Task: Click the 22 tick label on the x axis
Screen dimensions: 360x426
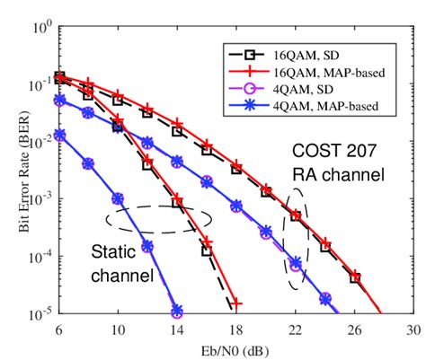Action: (296, 329)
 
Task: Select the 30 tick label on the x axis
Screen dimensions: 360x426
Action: (413, 329)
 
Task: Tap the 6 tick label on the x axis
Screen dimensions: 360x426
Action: (59, 329)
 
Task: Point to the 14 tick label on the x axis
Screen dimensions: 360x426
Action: (177, 329)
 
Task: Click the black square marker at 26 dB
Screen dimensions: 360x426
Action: (355, 278)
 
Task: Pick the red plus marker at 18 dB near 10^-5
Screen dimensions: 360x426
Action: (236, 304)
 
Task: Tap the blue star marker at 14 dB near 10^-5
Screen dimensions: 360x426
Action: (177, 311)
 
